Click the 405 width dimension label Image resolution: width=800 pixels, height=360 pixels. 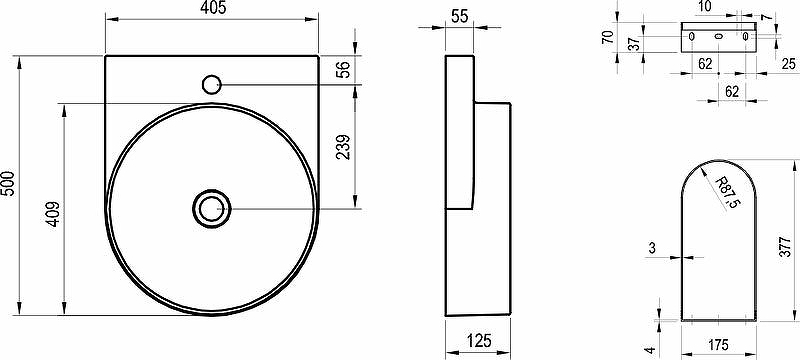[x=212, y=8]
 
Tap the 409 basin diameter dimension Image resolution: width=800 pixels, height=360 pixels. [x=54, y=215]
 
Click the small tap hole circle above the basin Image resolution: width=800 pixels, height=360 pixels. [x=212, y=84]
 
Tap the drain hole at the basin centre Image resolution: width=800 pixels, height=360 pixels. [x=212, y=209]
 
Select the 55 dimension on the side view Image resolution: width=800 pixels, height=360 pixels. [x=459, y=16]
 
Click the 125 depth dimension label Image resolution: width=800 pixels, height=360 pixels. [x=478, y=341]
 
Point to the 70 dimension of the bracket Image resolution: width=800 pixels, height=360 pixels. [x=607, y=37]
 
